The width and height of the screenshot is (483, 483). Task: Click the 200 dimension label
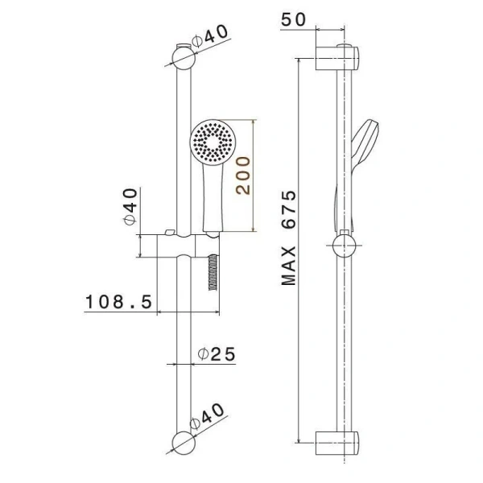click(x=243, y=175)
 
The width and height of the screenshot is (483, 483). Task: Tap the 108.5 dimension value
click(x=118, y=302)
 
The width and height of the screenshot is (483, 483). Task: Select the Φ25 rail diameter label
click(x=217, y=353)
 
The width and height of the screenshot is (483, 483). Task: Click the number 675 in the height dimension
click(x=289, y=209)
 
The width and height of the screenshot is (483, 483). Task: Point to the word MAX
click(x=289, y=266)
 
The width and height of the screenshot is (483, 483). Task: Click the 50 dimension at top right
click(x=294, y=19)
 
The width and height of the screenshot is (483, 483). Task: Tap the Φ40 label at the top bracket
click(x=210, y=35)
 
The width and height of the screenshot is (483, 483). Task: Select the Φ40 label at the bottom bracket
click(x=207, y=416)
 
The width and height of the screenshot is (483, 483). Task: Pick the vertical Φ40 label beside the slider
click(x=130, y=207)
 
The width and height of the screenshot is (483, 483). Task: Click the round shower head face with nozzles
click(x=213, y=141)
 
